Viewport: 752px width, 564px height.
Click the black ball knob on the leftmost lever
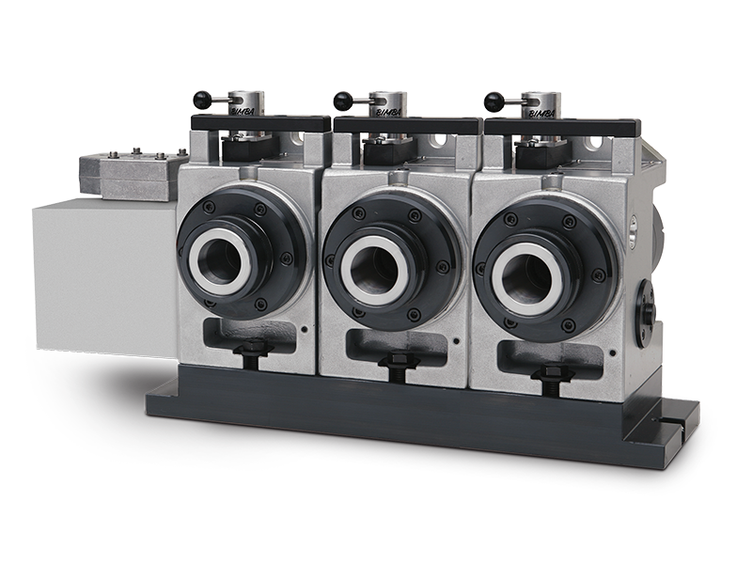[200, 97]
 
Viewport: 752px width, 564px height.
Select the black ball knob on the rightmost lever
[492, 97]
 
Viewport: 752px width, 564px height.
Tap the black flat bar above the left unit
[260, 124]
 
